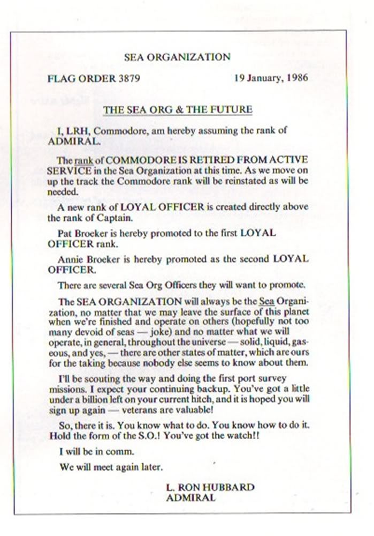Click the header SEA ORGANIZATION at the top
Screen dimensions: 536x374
(x=177, y=56)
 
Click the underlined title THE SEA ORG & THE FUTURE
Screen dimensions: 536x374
(x=177, y=109)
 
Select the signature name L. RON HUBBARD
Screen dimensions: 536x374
(x=210, y=487)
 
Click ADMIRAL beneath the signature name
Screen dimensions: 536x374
(x=191, y=497)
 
